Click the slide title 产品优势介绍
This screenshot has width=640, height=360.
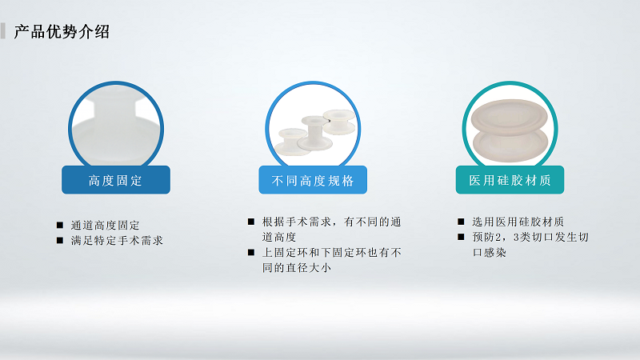coord(62,32)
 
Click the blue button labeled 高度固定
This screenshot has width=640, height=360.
coord(116,180)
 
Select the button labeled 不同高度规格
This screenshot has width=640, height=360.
coord(313,180)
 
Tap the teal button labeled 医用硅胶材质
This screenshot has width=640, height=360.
coord(510,180)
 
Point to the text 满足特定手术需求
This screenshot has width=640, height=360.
coord(117,240)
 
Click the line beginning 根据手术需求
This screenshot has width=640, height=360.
coord(331,222)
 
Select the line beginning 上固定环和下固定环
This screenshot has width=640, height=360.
coord(331,253)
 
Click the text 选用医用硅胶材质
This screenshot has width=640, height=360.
coord(523,222)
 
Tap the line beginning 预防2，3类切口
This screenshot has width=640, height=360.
coord(530,238)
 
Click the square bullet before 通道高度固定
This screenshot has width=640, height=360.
coord(60,225)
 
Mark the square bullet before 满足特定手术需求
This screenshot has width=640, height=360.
coord(60,240)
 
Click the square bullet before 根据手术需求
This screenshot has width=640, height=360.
coord(251,222)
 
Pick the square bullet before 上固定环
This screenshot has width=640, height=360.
coord(251,253)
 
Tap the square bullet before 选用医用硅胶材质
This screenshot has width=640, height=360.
coord(462,222)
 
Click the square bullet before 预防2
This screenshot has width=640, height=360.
coord(462,238)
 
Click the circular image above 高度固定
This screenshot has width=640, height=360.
coord(116,124)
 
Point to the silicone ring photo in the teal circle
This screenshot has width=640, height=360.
coord(510,128)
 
